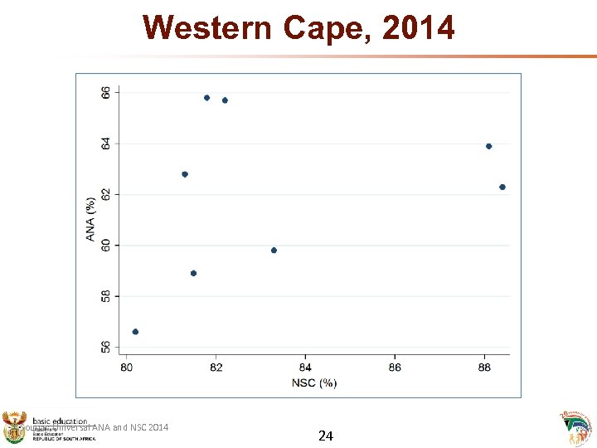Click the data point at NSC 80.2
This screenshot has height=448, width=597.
[135, 332]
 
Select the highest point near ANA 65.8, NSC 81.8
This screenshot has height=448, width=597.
[206, 98]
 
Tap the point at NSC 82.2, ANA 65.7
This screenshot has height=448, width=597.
[225, 100]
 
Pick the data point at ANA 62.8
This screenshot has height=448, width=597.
[185, 174]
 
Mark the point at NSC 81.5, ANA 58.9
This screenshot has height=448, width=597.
[193, 273]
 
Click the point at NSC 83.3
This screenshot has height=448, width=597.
[274, 251]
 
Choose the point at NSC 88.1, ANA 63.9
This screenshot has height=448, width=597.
[489, 146]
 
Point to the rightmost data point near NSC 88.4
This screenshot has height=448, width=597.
[502, 187]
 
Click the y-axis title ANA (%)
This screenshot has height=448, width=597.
[90, 218]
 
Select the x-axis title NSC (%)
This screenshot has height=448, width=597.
[314, 382]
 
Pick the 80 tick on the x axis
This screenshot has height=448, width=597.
[127, 367]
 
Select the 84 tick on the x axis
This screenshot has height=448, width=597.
[305, 367]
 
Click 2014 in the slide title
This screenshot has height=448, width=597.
[419, 27]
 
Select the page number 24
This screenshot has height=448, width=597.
[326, 435]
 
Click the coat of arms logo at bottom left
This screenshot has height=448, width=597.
[15, 428]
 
